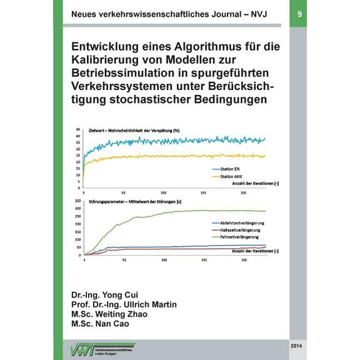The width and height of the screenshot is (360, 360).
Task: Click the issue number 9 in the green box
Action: [x=299, y=13]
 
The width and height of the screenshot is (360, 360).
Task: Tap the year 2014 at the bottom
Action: [x=298, y=344]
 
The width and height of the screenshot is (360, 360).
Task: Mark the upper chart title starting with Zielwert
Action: [x=134, y=129]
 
